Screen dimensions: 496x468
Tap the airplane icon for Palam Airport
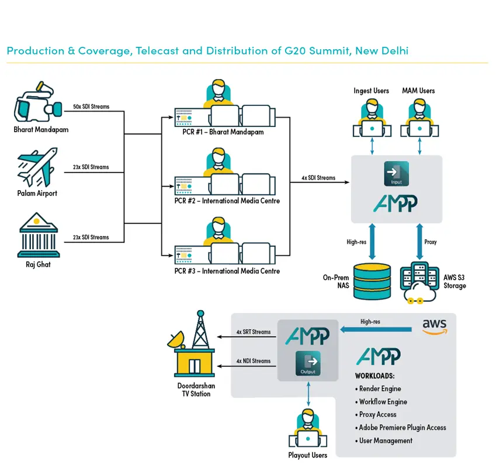[37, 167]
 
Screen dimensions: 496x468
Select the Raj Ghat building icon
[39, 235]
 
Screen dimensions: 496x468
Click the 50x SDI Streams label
[91, 106]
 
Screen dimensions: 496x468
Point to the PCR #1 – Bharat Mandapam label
[223, 132]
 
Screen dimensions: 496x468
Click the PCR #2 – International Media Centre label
[227, 201]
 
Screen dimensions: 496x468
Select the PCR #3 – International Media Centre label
[227, 271]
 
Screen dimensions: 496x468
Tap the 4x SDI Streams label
[318, 178]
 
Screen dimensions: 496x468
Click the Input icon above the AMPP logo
[396, 174]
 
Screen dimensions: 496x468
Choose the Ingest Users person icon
[372, 118]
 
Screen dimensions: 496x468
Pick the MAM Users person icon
[419, 118]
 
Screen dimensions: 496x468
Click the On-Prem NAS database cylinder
[372, 281]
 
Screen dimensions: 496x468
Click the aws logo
[435, 326]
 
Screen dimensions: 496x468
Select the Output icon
[308, 363]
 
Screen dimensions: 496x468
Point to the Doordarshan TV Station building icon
[192, 344]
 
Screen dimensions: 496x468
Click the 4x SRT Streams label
[254, 332]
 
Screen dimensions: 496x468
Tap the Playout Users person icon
[308, 428]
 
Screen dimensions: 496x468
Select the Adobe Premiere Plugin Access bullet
[400, 428]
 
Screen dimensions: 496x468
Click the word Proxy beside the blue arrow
[431, 242]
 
